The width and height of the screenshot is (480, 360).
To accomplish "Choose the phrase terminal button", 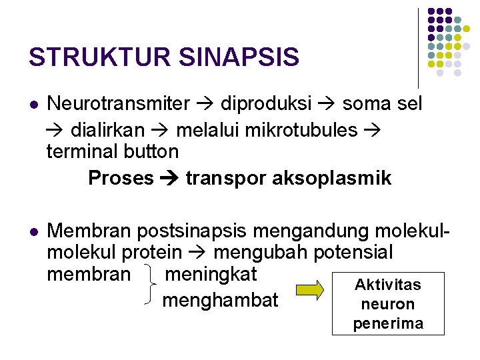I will [x=113, y=152].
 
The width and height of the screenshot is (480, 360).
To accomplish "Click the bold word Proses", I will [x=121, y=178].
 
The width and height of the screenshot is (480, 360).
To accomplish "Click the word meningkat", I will [x=211, y=273].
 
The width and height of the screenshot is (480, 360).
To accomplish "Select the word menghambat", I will [x=220, y=300].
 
